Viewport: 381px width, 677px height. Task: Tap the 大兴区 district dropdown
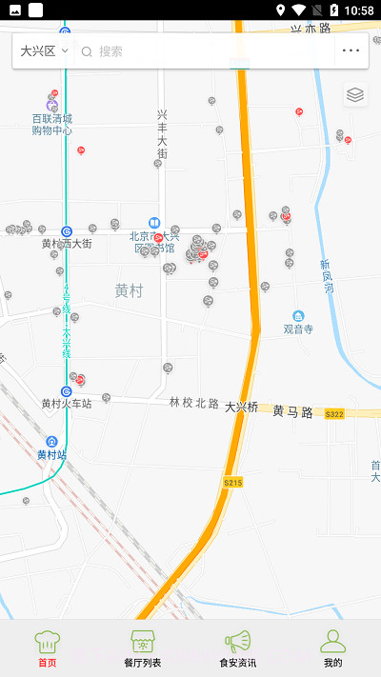click(44, 50)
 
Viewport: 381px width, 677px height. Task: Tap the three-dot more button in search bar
click(351, 50)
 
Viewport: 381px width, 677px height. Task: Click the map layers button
click(355, 94)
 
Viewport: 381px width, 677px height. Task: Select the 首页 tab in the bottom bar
click(47, 647)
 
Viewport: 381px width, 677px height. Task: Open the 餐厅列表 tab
click(143, 647)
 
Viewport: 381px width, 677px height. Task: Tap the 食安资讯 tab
click(237, 647)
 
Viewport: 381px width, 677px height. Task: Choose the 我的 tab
click(332, 647)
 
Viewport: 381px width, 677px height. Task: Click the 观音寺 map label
click(298, 329)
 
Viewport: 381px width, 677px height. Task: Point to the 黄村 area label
click(129, 290)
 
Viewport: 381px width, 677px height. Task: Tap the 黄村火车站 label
click(66, 404)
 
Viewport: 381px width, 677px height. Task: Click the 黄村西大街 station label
click(67, 244)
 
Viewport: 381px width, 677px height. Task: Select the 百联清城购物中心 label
click(51, 125)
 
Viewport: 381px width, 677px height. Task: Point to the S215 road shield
click(232, 483)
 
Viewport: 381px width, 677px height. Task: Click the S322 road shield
click(333, 414)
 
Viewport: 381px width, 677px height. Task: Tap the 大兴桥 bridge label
click(241, 407)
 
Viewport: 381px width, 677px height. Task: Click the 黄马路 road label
click(292, 411)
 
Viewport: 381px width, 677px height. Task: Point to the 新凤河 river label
click(326, 277)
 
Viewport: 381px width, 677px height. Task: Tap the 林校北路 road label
click(194, 403)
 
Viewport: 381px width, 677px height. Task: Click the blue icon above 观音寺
click(298, 315)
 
